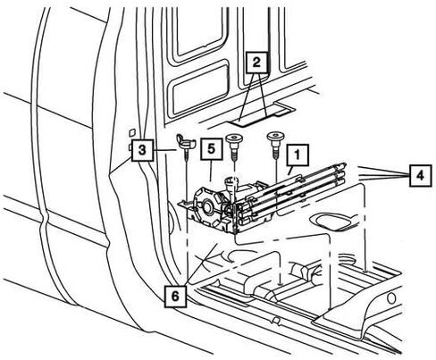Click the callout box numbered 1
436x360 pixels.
coord(298,155)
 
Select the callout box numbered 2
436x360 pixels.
coord(256,63)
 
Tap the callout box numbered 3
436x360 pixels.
coord(142,150)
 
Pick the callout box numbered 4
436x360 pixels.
coord(420,176)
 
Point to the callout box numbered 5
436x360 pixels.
coord(211,148)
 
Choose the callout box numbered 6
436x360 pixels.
coord(176,296)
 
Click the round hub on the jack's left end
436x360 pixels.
coord(206,206)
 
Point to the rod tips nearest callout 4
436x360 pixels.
coord(342,172)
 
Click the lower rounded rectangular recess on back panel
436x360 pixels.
coord(197,90)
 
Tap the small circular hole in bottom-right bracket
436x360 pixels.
coord(391,298)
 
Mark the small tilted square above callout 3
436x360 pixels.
coord(132,132)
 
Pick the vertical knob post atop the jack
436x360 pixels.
coord(231,184)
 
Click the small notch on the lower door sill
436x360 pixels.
coord(276,321)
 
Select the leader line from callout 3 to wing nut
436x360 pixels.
coord(164,151)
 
